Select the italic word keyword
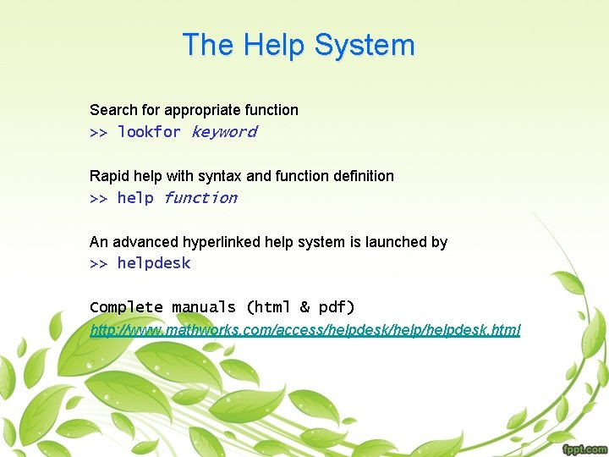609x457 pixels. tap(223, 132)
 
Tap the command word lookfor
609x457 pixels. tap(149, 132)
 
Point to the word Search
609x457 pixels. tap(112, 110)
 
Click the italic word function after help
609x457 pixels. tap(200, 198)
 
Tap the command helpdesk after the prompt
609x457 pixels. tap(154, 263)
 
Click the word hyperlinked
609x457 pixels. tap(219, 242)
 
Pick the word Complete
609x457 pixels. tap(126, 307)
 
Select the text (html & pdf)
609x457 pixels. tap(300, 307)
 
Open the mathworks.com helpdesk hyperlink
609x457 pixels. tap(305, 329)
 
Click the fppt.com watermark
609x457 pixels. tap(583, 449)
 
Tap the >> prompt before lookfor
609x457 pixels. tap(98, 132)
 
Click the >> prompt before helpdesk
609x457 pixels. tap(98, 263)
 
